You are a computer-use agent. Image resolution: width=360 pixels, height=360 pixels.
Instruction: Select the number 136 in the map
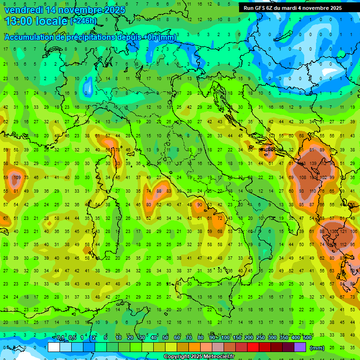pyautogui.click(x=334, y=232)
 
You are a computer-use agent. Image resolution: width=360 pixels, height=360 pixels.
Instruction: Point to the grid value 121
pyautogui.click(x=345, y=232)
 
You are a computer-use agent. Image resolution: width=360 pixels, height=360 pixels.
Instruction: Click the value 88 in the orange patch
pyautogui.click(x=159, y=191)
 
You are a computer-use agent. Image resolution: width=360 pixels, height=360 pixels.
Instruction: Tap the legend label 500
pyautogui.click(x=307, y=338)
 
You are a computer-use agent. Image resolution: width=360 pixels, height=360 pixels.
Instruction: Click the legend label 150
pyautogui.click(x=237, y=338)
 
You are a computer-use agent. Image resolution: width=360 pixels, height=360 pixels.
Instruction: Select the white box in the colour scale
pyautogui.click(x=54, y=347)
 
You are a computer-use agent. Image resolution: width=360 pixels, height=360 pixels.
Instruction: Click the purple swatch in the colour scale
pyautogui.click(x=300, y=347)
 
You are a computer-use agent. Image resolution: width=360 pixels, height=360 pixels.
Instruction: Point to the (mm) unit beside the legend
pyautogui.click(x=317, y=348)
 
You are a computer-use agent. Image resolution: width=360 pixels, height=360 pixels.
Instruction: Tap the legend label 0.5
pyautogui.click(x=72, y=338)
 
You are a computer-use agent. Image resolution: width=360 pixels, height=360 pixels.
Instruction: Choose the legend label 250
pyautogui.click(x=261, y=338)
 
